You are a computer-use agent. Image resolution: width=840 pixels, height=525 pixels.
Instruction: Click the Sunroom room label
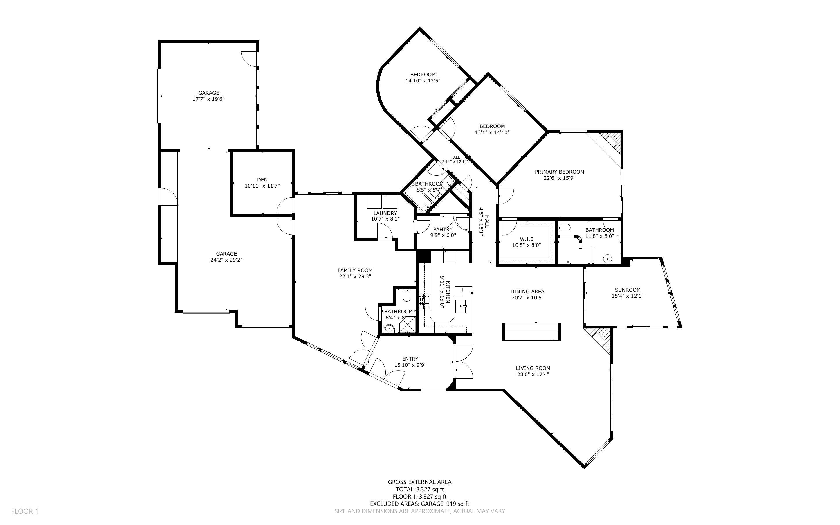(x=628, y=290)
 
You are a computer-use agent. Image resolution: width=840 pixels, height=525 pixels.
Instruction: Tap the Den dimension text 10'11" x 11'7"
(x=262, y=186)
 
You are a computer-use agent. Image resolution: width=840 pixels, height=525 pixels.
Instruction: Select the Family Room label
(x=355, y=270)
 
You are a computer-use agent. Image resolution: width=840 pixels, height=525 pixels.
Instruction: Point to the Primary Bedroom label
(x=559, y=172)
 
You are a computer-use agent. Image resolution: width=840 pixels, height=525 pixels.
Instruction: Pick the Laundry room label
(x=385, y=213)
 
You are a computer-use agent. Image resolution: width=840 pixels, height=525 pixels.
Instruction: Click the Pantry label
(x=443, y=229)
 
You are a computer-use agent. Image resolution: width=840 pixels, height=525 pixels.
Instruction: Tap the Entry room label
(x=410, y=359)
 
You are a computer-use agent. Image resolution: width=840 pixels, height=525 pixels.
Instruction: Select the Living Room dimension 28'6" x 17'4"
(x=533, y=374)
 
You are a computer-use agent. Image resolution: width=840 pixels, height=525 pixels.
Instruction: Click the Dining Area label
(x=527, y=291)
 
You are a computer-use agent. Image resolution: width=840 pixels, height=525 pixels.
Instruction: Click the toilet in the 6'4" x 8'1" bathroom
(x=407, y=296)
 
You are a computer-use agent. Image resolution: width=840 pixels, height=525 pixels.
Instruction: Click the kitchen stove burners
(x=424, y=301)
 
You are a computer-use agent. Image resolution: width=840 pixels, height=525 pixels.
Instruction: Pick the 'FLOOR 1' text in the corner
(x=25, y=511)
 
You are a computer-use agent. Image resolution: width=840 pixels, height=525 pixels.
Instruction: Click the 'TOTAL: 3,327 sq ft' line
(x=420, y=489)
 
